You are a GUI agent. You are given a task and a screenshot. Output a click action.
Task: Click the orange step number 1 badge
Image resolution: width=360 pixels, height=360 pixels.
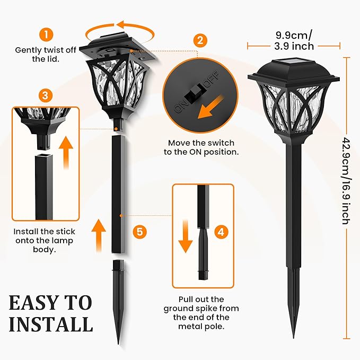coord(47,35)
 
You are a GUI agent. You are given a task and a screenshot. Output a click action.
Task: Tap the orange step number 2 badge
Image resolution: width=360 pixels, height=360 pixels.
coord(200,40)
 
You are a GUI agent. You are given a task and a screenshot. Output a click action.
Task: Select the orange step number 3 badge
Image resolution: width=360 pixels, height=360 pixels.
coord(46,95)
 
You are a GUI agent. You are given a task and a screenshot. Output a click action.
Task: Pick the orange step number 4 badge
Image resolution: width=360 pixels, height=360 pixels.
coord(222,232)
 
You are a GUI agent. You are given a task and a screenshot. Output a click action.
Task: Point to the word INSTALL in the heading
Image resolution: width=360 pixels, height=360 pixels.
coord(50,323)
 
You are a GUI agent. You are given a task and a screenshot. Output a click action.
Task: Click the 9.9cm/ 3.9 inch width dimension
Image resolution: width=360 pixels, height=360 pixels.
coord(294,41)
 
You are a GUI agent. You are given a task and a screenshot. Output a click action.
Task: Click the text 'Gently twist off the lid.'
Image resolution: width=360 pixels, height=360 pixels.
coord(46,55)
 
